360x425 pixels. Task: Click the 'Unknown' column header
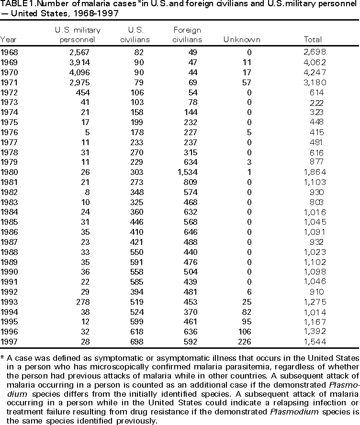tap(242, 39)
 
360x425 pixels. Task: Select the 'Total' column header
tap(313, 39)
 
